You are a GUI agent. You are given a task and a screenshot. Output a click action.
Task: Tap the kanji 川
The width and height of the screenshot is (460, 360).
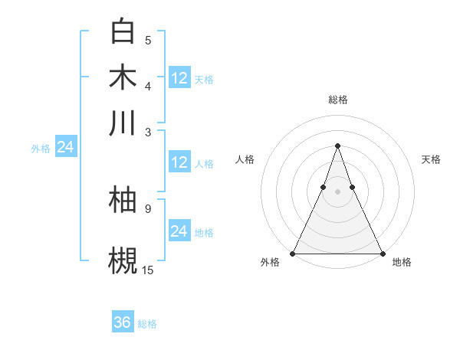[x=123, y=123]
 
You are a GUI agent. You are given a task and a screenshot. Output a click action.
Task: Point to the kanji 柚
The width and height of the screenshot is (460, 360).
[x=123, y=201]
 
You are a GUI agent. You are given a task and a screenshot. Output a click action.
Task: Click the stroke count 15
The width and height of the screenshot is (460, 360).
[x=148, y=270]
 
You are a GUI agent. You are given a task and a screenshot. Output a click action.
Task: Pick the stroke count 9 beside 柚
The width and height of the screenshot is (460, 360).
[x=148, y=208]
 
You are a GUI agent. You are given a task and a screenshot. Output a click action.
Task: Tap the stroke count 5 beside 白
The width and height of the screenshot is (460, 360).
[x=148, y=40]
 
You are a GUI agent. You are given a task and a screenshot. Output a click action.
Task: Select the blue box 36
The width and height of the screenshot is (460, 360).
[x=123, y=322]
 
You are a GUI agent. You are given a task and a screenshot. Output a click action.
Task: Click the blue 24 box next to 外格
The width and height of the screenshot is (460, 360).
[x=65, y=146]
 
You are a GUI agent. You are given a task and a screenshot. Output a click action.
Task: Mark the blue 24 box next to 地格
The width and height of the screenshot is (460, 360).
[x=179, y=231]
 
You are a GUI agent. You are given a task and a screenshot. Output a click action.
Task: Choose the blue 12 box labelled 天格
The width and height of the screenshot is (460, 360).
[x=179, y=78]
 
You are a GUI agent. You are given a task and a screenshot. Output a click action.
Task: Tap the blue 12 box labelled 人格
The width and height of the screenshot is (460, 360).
[x=179, y=162]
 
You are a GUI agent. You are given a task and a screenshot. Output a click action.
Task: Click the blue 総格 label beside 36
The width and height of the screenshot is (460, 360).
[x=147, y=324]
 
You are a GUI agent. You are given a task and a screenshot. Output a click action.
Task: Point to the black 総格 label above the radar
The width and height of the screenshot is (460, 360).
[x=337, y=100]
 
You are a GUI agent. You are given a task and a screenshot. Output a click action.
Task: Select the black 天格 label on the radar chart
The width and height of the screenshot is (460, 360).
[x=432, y=159]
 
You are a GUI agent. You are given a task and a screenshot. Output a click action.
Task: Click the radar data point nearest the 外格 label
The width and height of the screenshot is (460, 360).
[x=294, y=253]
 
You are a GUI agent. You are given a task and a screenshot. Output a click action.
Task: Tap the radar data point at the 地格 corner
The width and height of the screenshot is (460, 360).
[x=382, y=253]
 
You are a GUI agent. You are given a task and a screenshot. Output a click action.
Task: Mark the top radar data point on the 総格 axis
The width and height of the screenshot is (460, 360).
[x=337, y=146]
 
